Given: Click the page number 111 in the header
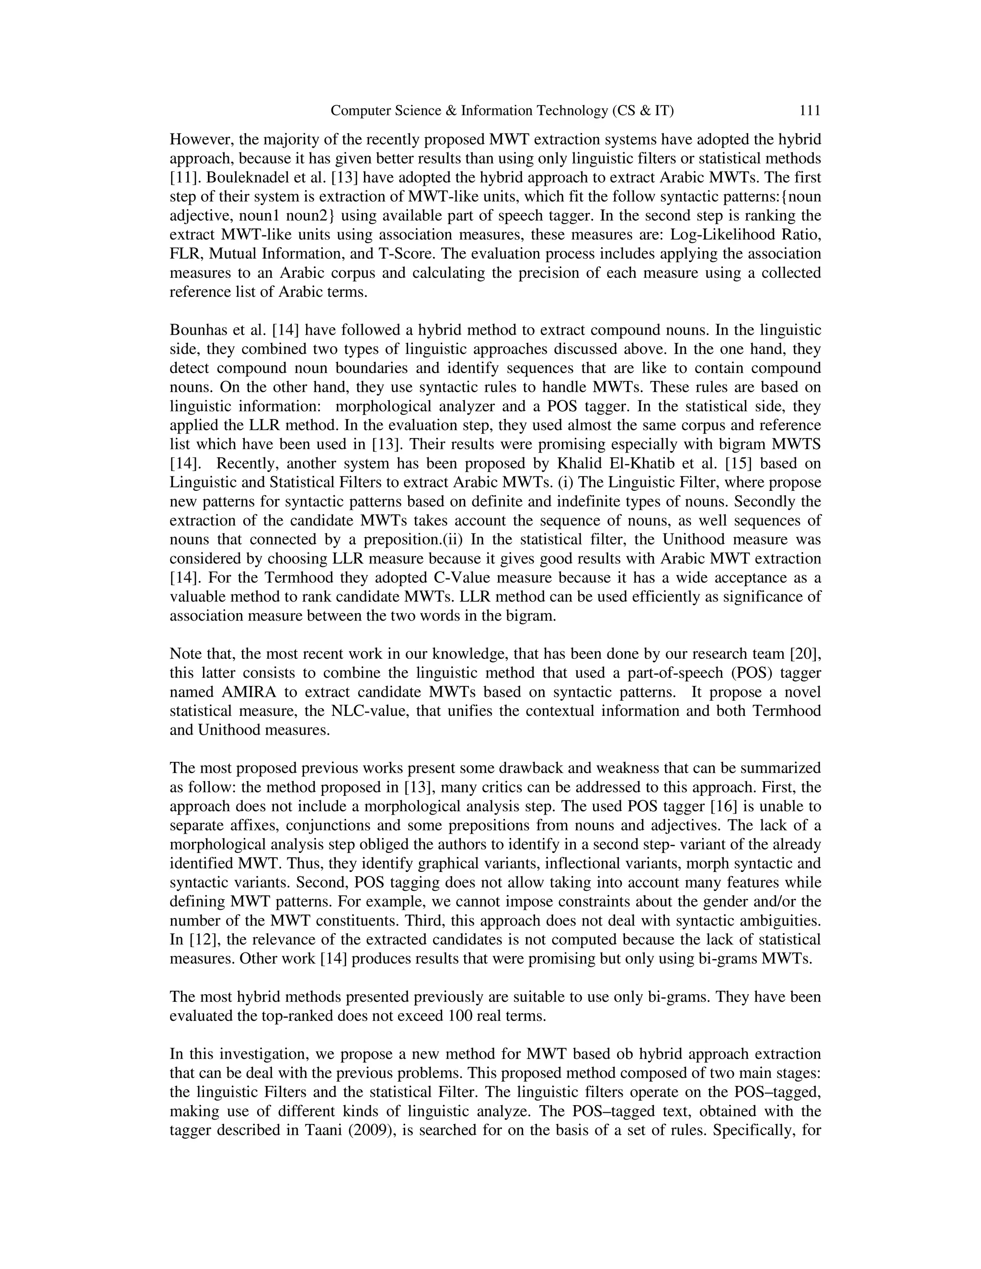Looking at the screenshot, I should [810, 111].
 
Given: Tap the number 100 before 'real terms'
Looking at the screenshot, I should [461, 1016].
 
